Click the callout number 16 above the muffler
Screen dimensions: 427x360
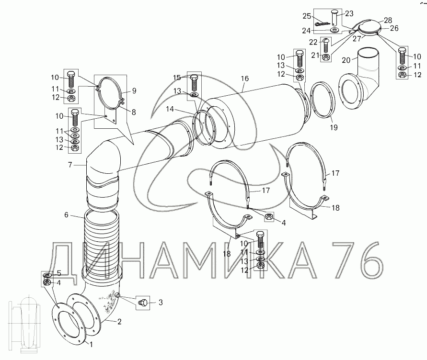244,79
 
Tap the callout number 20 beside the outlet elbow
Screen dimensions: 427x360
346,60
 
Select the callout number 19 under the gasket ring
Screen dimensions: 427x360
334,127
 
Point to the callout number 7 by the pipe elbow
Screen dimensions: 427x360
70,165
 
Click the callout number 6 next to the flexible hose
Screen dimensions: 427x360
66,215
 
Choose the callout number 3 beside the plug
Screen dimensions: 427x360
161,302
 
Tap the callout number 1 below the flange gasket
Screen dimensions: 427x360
91,345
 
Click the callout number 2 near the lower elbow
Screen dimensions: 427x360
119,322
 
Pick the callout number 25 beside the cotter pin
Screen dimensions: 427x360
307,16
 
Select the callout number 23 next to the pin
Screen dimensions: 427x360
349,13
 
